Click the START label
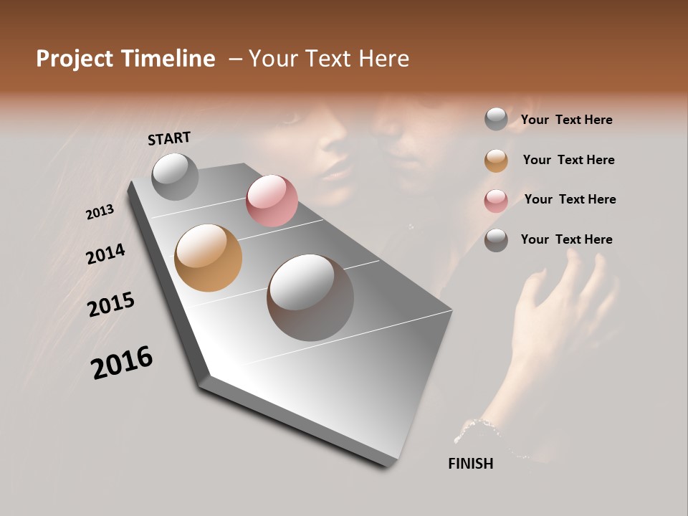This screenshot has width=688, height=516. tap(169, 138)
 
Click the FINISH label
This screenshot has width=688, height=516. tap(470, 464)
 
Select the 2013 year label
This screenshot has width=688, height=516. tap(100, 212)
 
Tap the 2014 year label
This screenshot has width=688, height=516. tap(105, 254)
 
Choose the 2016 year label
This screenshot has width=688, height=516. tap(122, 363)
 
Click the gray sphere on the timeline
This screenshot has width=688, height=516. tap(175, 176)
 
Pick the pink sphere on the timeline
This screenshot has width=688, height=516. tap(272, 200)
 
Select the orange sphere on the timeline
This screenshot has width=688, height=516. tap(208, 257)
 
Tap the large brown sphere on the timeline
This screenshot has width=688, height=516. tap(310, 297)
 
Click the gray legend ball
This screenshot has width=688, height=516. tap(496, 119)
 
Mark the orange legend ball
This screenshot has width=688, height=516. tap(496, 160)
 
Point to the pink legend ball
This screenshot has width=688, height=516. tap(496, 200)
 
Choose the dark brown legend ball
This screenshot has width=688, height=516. tap(496, 240)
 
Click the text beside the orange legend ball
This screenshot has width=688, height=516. tap(568, 160)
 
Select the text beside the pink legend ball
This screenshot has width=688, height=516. tap(570, 199)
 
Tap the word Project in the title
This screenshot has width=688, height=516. tap(75, 59)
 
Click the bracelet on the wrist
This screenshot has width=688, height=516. tap(482, 428)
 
